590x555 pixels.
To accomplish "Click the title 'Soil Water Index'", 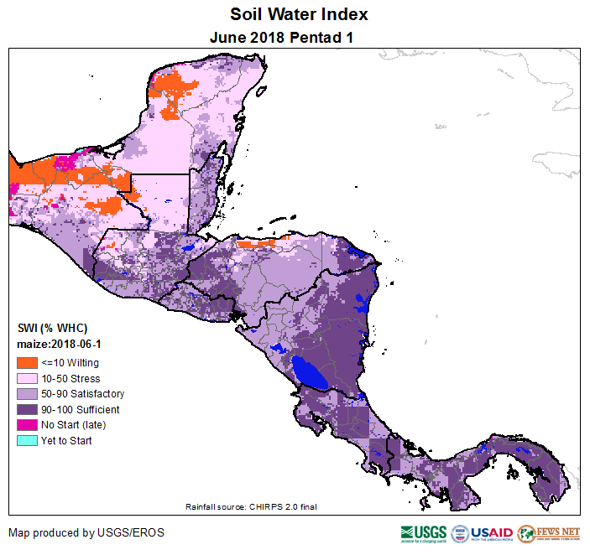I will click(299, 15).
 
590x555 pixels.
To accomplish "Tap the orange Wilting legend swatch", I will click(25, 363).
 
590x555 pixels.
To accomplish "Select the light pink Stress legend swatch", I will click(25, 378).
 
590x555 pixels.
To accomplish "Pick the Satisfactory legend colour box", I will click(25, 394).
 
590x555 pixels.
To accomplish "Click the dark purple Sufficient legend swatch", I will click(25, 409).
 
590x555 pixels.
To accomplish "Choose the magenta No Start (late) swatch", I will click(25, 425).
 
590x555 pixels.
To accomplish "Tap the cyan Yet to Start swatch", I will click(25, 440).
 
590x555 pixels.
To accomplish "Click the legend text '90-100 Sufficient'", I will click(81, 409).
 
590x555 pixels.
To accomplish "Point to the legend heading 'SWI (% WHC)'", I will click(52, 328).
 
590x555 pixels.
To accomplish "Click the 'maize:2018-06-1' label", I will click(58, 345).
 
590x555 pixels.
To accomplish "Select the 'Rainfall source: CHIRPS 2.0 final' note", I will click(251, 506).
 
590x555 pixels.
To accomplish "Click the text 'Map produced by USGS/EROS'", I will click(86, 532).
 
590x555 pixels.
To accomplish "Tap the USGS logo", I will click(424, 533).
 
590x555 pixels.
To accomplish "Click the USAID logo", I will click(483, 533).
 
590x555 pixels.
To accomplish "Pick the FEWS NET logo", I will click(550, 533).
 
